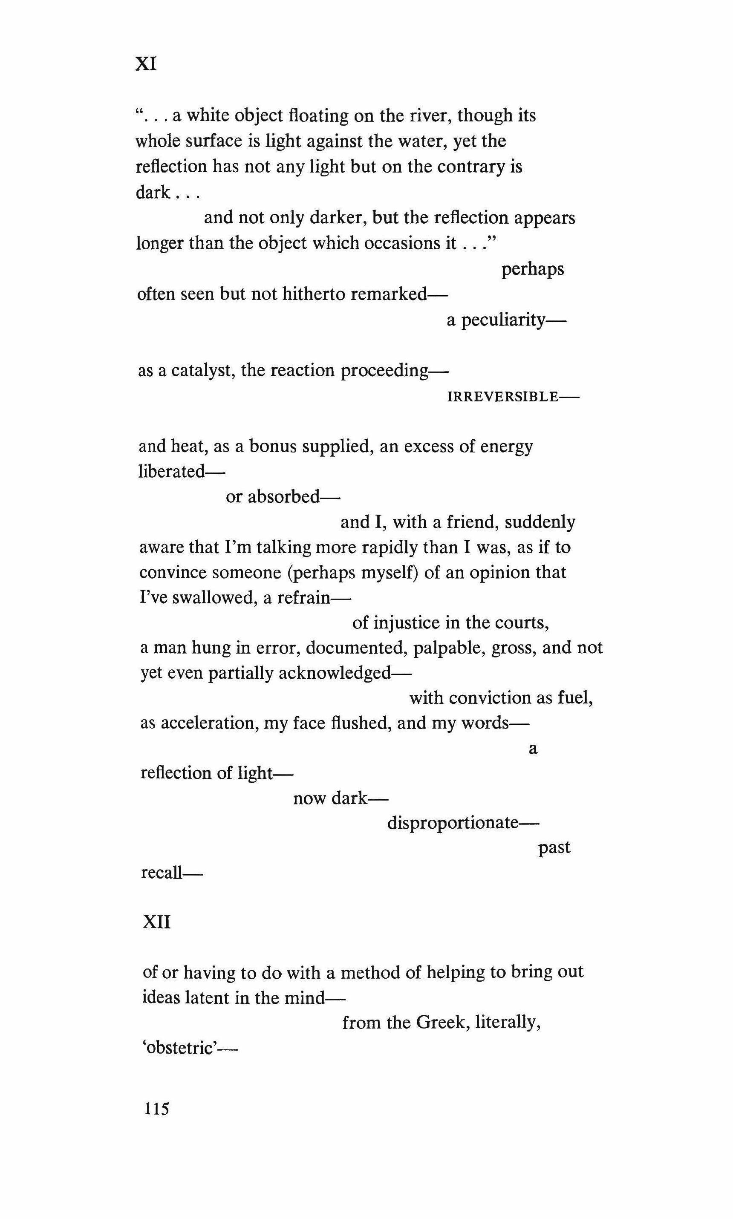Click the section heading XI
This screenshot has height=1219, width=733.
tap(146, 64)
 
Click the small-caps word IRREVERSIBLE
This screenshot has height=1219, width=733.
tap(502, 397)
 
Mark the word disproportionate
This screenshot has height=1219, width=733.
tap(453, 823)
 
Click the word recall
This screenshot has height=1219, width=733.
tap(162, 873)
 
